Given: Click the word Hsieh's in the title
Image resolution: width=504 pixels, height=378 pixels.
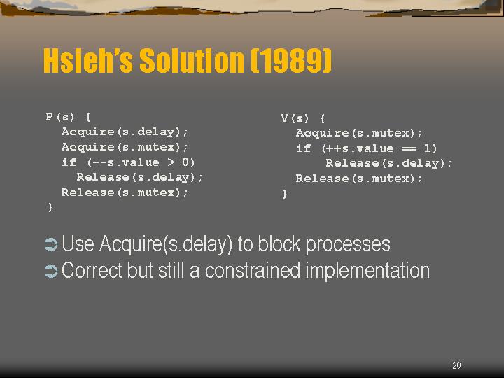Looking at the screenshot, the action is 87,60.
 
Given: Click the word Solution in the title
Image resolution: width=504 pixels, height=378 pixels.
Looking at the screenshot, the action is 192,60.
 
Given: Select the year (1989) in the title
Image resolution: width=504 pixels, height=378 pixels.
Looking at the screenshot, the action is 291,60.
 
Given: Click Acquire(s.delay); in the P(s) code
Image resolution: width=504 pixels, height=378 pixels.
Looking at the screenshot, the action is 125,132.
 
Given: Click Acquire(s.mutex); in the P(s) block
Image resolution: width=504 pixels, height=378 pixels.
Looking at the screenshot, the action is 125,147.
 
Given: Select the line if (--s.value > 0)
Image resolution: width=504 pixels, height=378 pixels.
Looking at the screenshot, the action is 128,162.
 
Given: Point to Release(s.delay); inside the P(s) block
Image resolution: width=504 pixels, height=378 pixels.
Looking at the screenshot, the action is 140,177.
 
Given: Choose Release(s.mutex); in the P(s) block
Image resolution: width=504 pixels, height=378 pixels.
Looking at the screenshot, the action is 125,192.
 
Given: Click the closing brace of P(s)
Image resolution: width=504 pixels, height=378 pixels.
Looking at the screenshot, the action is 50,207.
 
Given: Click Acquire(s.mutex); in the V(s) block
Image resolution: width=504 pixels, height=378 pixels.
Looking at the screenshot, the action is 359,133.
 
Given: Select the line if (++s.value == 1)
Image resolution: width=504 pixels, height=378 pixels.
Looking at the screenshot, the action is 367,148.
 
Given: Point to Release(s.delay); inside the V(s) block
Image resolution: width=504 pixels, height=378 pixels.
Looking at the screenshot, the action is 389,163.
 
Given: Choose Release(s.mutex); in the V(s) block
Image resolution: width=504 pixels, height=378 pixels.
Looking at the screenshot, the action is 359,178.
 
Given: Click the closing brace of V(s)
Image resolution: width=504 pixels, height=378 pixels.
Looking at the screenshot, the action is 284,194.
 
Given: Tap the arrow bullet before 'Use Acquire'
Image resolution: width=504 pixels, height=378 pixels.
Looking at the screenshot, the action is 51,244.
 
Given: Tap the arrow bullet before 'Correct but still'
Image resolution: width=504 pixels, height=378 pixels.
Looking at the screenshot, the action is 51,271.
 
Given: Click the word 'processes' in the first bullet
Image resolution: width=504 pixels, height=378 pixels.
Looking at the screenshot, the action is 348,245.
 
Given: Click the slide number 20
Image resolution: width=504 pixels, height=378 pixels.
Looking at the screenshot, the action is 456,365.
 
